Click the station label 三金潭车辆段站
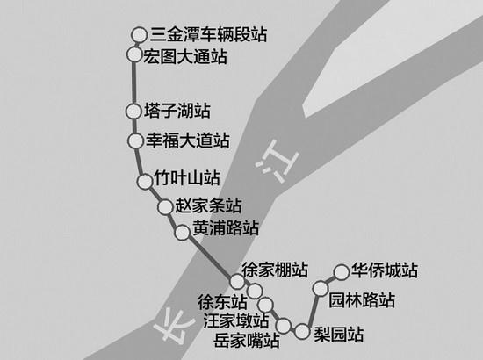coord(208,34)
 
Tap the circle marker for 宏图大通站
coord(134,54)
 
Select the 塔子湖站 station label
coord(177,111)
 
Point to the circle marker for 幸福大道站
coord(135,140)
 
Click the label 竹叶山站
coord(187,177)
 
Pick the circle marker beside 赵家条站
coord(165,206)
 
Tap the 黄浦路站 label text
coord(226,228)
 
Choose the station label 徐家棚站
coord(275,270)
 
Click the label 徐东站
coord(222,302)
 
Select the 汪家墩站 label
coord(236,320)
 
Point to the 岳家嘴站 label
coord(247,340)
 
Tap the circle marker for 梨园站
coord(302,332)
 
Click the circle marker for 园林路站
coord(321,288)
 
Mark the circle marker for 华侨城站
coord(342,272)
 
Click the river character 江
coord(278,161)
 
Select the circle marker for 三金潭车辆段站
coord(140,35)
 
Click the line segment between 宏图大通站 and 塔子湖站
coord(134,83)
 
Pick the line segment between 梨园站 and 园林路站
coord(312,310)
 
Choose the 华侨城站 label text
coord(385,270)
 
